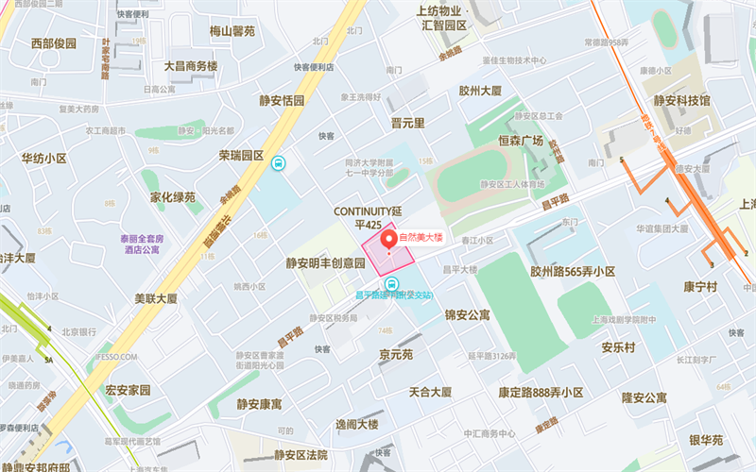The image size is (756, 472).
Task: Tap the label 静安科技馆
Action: pos(681,99)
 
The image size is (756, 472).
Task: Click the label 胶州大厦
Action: pos(479,92)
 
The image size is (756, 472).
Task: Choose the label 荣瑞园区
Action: pos(241,155)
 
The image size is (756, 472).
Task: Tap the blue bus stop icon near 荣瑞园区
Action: pos(278,163)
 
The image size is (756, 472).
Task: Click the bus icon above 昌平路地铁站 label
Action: pos(393,283)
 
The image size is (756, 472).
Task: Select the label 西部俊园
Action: pos(53,43)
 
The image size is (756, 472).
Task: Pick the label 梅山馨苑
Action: pos(232,31)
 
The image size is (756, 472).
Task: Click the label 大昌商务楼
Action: pos(191,66)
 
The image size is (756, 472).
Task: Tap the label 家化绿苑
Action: pos(172,197)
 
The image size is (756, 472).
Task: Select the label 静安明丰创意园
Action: pos(325,263)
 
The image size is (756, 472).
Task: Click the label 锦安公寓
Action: pos(467,314)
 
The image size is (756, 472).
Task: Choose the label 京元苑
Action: pos(396,356)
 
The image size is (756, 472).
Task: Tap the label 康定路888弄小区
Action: pos(542,392)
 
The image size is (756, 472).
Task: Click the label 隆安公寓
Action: pos(643,397)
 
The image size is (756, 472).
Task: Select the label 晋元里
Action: pos(407,123)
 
